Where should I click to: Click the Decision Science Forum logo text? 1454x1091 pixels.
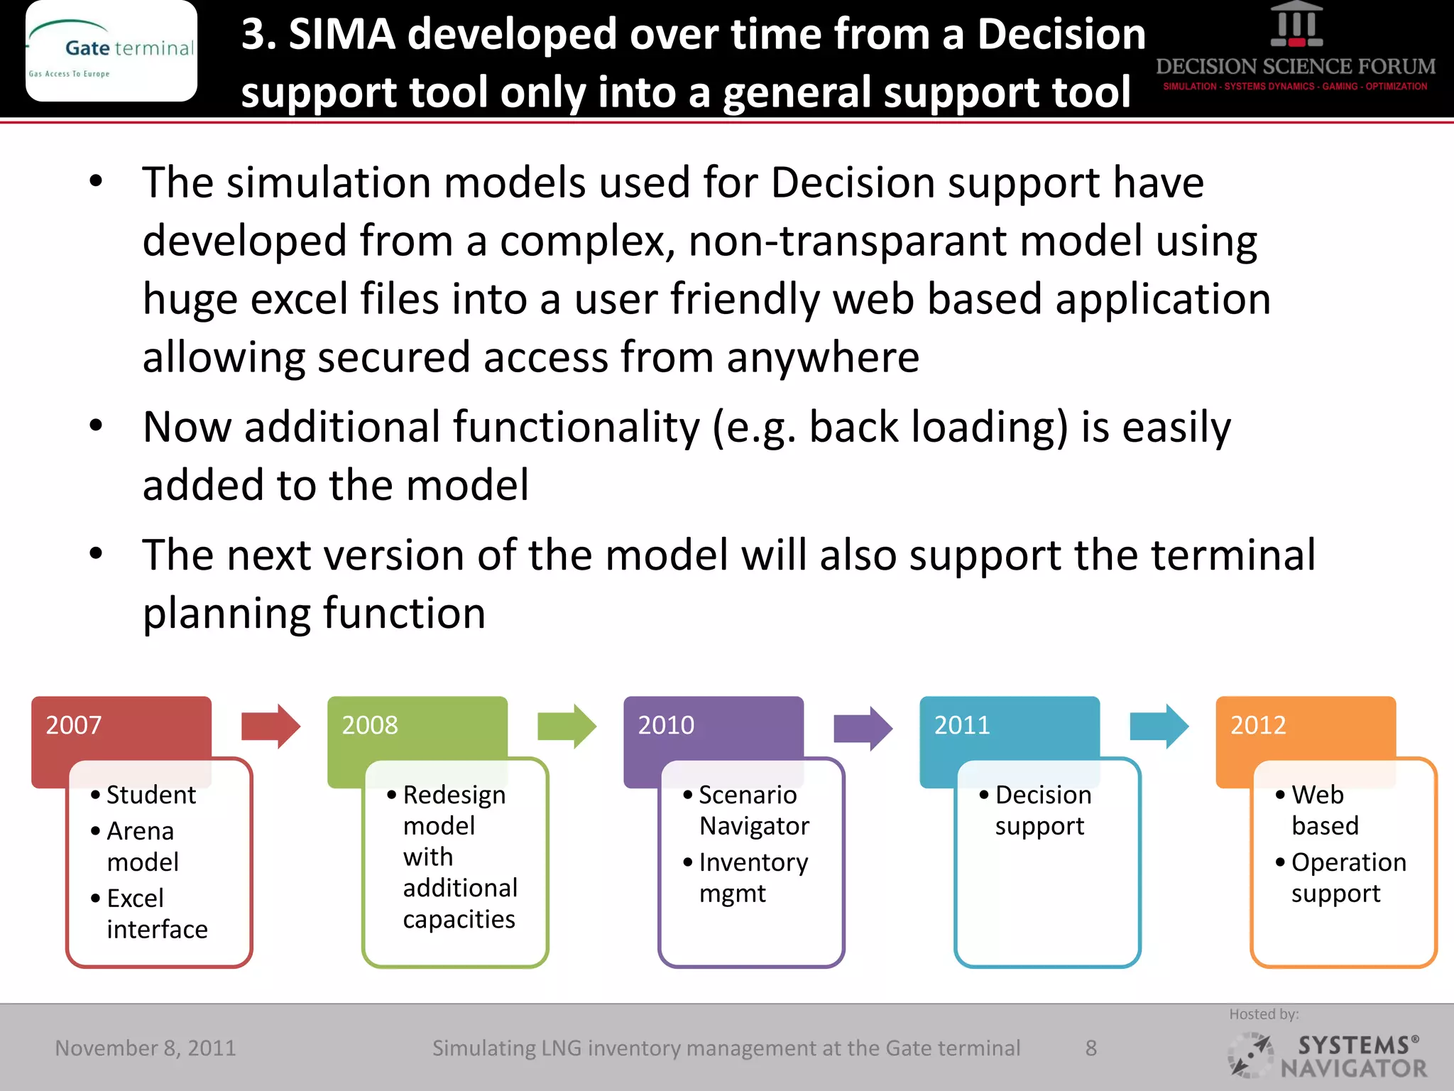(x=1296, y=67)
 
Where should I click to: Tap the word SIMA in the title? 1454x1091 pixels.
(x=342, y=34)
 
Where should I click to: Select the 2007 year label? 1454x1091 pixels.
(x=74, y=725)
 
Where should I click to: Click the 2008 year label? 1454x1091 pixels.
(x=370, y=725)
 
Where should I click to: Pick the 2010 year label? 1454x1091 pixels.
(x=666, y=725)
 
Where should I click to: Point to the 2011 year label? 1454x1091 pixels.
(x=962, y=725)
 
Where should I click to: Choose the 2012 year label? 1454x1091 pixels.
(x=1258, y=725)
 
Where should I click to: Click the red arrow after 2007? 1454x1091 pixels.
(x=270, y=727)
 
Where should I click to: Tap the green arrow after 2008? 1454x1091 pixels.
(x=567, y=727)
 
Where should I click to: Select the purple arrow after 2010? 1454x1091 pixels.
(x=863, y=728)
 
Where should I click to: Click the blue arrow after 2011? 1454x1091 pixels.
(x=1159, y=727)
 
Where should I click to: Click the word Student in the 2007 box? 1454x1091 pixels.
(x=151, y=795)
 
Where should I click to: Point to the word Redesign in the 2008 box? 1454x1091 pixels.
(x=454, y=795)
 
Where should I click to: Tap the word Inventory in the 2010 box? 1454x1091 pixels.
(x=753, y=862)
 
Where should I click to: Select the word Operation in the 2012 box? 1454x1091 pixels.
(x=1348, y=862)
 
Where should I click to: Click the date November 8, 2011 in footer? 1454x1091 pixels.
(x=146, y=1048)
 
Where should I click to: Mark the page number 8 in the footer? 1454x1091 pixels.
(x=1091, y=1048)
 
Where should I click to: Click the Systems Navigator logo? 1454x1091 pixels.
(x=1328, y=1056)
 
